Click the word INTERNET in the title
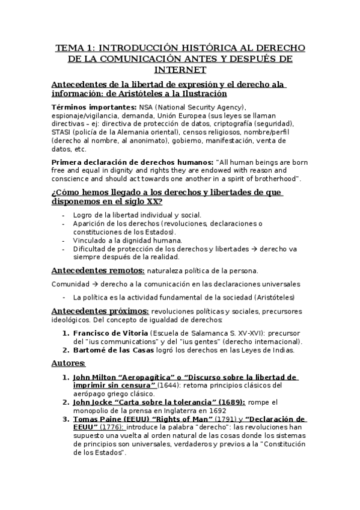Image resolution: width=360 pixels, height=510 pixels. [180, 69]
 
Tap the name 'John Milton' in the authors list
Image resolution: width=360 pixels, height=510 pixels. [93, 376]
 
